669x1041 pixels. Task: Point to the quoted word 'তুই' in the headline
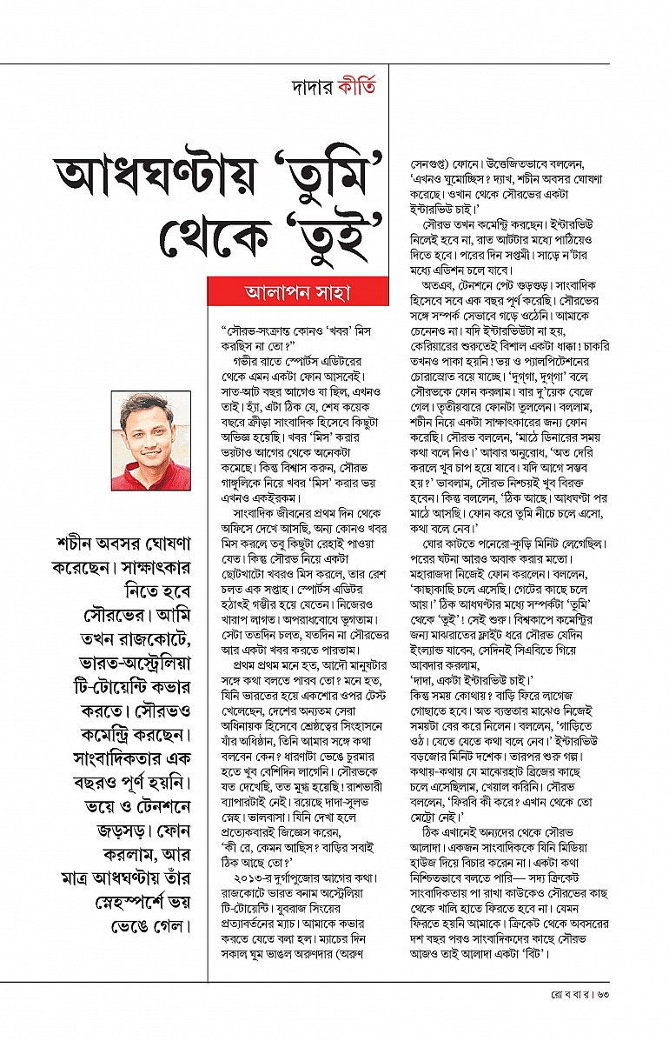pyautogui.click(x=334, y=235)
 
